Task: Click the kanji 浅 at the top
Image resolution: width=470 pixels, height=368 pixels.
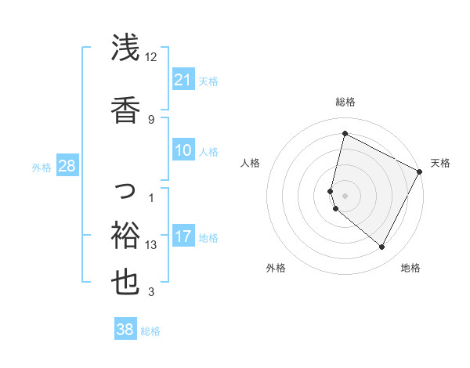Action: tap(125, 49)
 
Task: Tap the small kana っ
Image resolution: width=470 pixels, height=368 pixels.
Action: tap(126, 189)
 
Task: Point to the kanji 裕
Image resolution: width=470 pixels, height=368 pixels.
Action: tap(125, 233)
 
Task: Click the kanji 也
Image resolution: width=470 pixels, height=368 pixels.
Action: tap(125, 282)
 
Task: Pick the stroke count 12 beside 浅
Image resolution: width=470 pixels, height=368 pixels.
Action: tap(150, 57)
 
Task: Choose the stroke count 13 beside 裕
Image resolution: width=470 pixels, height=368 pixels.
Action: tap(151, 245)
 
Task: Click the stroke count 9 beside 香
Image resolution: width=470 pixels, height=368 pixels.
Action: tap(150, 119)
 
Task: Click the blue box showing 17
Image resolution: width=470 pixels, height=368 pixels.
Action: tap(183, 236)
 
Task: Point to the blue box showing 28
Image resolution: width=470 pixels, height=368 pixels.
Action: tap(67, 165)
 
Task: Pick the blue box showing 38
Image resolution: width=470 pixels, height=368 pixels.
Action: tap(125, 330)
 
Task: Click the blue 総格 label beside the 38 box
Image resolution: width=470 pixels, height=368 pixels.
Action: tap(150, 331)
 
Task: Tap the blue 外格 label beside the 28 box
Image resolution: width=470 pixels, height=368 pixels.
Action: tap(42, 167)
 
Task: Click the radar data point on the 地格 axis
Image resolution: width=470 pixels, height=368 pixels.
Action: tap(382, 247)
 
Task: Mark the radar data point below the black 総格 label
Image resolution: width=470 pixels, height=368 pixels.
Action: tap(345, 133)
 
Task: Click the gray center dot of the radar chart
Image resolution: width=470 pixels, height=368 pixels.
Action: tap(345, 195)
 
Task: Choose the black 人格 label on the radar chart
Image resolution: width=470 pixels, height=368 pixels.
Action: tap(250, 163)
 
